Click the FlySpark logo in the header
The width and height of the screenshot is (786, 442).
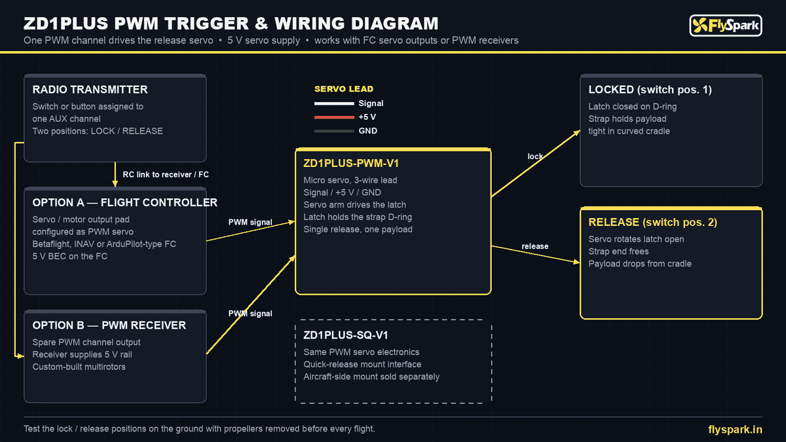coord(726,26)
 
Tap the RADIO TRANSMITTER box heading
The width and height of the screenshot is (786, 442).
coord(90,90)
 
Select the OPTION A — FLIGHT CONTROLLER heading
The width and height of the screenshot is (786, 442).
coord(125,203)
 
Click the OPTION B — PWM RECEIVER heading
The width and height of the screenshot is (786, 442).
coord(109,325)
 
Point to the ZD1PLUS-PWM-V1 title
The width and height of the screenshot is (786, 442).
coord(351,164)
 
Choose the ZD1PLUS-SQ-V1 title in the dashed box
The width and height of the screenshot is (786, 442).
coord(346,335)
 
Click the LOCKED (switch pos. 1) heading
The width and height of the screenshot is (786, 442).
coord(650,90)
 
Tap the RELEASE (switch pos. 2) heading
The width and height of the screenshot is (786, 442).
coord(652,223)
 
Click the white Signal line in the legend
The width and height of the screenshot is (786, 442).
coord(334,103)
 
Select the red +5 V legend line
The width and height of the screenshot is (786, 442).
coord(334,117)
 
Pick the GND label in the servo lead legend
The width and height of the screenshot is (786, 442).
coord(367,131)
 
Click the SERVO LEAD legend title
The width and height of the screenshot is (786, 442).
coord(344,89)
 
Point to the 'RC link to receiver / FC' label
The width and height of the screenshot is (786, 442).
coord(166,175)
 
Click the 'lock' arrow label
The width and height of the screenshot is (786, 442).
coord(535,157)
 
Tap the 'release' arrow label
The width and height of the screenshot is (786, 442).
coord(534,246)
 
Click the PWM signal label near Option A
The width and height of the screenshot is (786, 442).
coord(250,222)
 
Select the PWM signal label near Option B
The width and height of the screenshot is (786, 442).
coord(250,313)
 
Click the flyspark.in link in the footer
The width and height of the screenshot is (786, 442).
coord(735,430)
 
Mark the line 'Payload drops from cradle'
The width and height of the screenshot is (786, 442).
coord(640,264)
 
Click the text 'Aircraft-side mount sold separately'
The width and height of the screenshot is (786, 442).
coord(371,377)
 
